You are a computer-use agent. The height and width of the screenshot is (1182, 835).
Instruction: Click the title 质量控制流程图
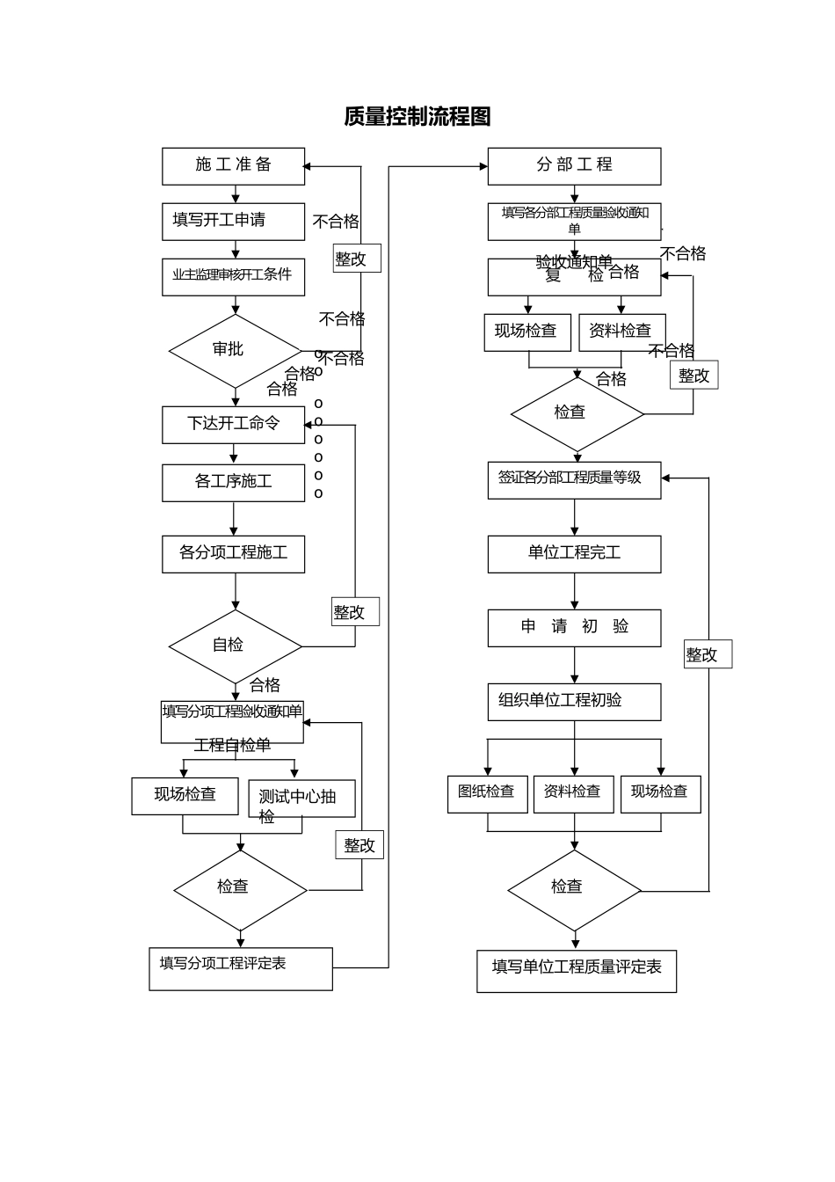pos(417,116)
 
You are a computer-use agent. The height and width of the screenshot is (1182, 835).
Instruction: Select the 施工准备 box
pos(233,166)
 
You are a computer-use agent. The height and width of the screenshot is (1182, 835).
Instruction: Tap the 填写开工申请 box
pos(233,222)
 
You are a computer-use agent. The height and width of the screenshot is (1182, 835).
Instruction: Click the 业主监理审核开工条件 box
pos(233,277)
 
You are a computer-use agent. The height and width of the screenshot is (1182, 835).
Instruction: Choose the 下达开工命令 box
pos(233,425)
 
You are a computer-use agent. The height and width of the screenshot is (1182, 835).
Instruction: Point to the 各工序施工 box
pos(233,483)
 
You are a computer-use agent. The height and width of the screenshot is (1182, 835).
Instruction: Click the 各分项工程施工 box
pos(233,554)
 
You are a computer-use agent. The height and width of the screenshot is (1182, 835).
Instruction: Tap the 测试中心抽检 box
pos(301,799)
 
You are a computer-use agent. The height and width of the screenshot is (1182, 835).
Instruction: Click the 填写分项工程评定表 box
pos(240,968)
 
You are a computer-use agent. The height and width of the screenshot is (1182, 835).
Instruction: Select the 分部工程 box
pos(574,166)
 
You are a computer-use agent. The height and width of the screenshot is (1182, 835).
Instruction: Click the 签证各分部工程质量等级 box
pos(574,480)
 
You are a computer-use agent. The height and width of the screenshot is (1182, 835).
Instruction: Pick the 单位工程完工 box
pos(574,554)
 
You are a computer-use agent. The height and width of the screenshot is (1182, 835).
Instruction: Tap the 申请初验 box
pos(574,628)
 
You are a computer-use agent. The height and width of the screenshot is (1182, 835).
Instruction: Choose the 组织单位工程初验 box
pos(574,702)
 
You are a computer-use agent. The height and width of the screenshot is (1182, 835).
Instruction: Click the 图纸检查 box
pos(487,793)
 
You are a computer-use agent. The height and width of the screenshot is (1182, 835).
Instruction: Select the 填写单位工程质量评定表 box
pos(576,971)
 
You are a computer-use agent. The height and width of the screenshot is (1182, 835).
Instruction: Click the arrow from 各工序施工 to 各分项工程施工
pos(233,519)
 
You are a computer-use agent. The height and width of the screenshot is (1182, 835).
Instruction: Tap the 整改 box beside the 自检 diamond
pos(355,612)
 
